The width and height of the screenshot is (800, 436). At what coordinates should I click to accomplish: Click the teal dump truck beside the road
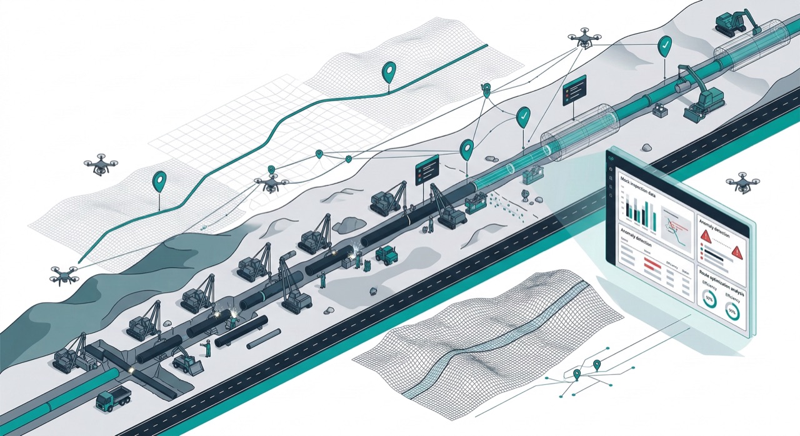tap(114, 398)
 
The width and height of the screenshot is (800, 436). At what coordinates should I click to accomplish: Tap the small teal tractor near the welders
tap(386, 254)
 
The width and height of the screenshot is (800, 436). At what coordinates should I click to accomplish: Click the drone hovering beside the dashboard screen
tap(742, 182)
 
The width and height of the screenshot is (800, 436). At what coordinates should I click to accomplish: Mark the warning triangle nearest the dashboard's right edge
tap(737, 252)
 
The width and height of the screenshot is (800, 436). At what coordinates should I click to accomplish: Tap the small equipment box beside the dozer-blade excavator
tap(660, 110)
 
